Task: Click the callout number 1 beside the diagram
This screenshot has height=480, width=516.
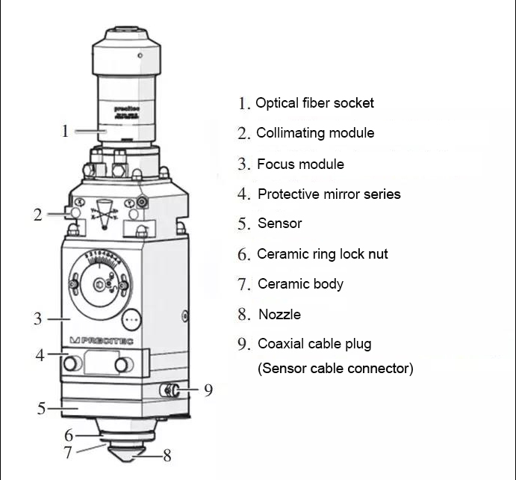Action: pyautogui.click(x=65, y=131)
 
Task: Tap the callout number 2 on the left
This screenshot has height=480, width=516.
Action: pyautogui.click(x=37, y=215)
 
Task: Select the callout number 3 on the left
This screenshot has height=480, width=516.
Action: pyautogui.click(x=37, y=319)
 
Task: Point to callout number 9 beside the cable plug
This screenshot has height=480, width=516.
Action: pyautogui.click(x=208, y=390)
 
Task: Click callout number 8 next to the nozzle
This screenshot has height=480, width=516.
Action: pyautogui.click(x=167, y=455)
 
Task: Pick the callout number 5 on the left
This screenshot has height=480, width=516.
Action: pyautogui.click(x=42, y=409)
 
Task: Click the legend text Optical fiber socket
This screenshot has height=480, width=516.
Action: pyautogui.click(x=314, y=103)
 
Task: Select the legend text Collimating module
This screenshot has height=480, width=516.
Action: pyautogui.click(x=315, y=133)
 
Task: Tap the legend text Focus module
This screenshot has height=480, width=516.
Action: pyautogui.click(x=300, y=164)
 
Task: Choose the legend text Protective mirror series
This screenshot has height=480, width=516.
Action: pyautogui.click(x=329, y=194)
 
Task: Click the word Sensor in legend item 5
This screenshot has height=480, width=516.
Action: pyautogui.click(x=279, y=224)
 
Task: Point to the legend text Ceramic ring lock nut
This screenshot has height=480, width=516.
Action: pyautogui.click(x=323, y=254)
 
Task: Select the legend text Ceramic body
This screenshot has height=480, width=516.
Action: pyautogui.click(x=300, y=284)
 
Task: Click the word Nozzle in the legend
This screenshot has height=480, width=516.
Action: pyautogui.click(x=279, y=315)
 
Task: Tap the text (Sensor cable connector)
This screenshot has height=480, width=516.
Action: pyautogui.click(x=335, y=369)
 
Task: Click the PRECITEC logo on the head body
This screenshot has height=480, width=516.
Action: pyautogui.click(x=100, y=340)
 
